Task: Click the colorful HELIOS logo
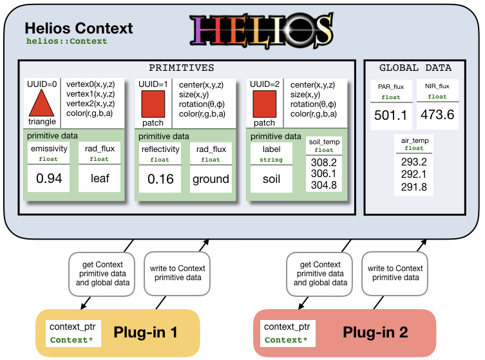point(261,30)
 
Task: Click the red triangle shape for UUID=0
point(41,104)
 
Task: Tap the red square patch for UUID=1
point(153,104)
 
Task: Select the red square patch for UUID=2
point(264,104)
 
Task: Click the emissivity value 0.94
point(49,178)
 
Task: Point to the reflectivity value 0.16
point(160,178)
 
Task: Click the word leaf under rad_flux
point(100,178)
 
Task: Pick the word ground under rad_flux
point(211,178)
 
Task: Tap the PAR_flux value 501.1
point(390,115)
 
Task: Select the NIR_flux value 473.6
point(437,115)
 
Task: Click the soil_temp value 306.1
point(324,175)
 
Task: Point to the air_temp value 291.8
point(414,186)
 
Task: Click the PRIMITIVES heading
point(182,68)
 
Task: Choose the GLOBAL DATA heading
point(415,68)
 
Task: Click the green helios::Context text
point(66,41)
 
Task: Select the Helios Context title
point(78,28)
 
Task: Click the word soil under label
point(271,178)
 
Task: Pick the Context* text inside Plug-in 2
point(286,339)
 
